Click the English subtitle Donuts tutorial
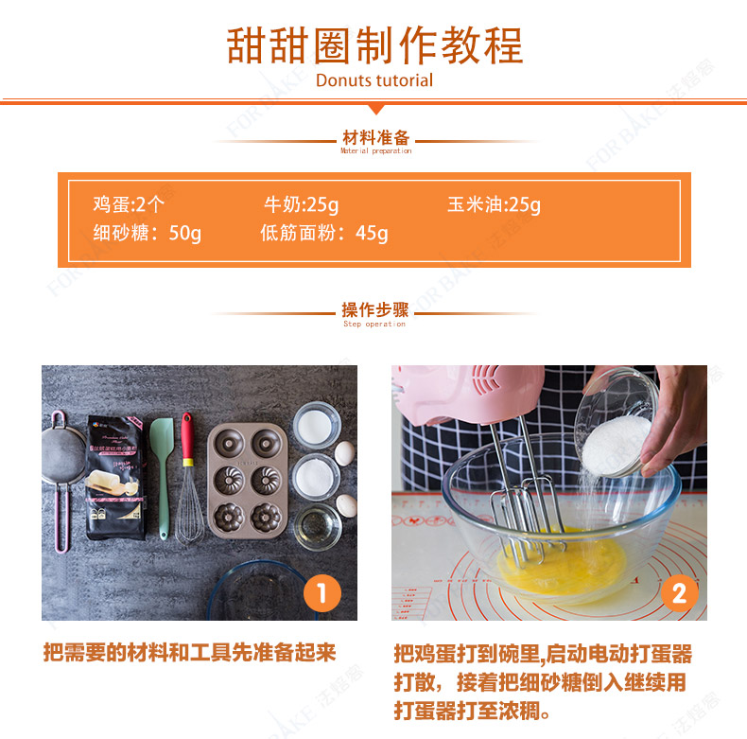point(374,80)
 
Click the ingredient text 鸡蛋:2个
point(129,204)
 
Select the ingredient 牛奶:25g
point(302,204)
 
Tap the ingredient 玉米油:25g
point(494,204)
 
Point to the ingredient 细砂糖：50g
point(148,233)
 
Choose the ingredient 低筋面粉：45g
point(324,233)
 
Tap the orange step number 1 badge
point(322,593)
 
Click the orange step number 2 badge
point(679,593)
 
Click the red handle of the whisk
point(187,439)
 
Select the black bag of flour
point(115,478)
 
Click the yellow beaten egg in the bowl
point(563,563)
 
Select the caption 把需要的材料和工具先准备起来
point(190,652)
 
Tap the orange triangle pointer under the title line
point(376,109)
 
